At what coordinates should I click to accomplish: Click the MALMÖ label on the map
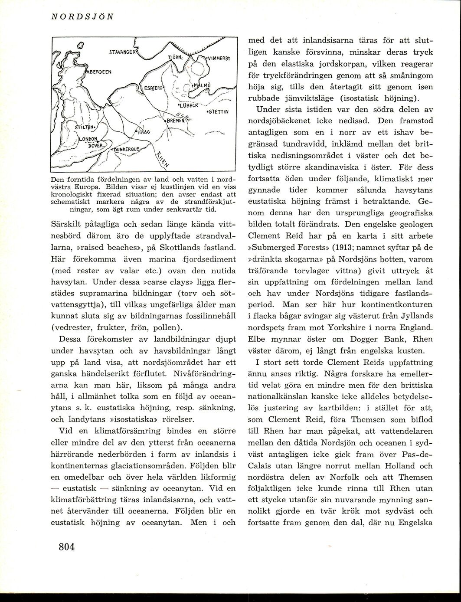click(x=202, y=85)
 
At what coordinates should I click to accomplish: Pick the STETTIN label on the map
click(x=218, y=111)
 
